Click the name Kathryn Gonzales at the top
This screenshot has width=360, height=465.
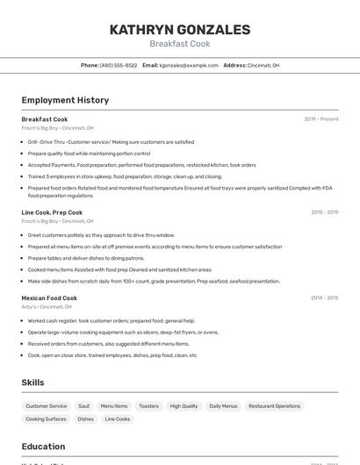point(179,30)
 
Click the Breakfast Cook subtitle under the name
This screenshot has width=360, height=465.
point(179,44)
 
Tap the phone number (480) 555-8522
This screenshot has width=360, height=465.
point(118,65)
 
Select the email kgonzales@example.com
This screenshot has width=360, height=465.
point(188,65)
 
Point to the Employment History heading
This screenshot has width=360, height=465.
point(65,100)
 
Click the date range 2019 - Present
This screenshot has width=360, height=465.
point(321,119)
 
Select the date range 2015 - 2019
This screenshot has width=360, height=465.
point(324,212)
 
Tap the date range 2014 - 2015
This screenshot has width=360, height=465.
point(324,298)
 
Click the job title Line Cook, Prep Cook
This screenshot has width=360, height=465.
point(52,212)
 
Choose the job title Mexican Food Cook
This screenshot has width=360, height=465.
point(49,298)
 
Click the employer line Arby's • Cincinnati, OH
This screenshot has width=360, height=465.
point(47,307)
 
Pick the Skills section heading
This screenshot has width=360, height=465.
point(32,383)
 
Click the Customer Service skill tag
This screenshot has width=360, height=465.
point(47,406)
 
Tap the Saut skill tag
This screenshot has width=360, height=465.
point(83,406)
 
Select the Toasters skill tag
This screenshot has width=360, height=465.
point(148,406)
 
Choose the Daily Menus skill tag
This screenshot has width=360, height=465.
point(223,406)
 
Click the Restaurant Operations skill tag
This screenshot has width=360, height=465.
point(274,406)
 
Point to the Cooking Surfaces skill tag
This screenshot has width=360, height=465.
point(46,419)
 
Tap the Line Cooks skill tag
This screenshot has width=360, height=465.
point(118,419)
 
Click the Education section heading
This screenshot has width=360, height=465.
point(43,447)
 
